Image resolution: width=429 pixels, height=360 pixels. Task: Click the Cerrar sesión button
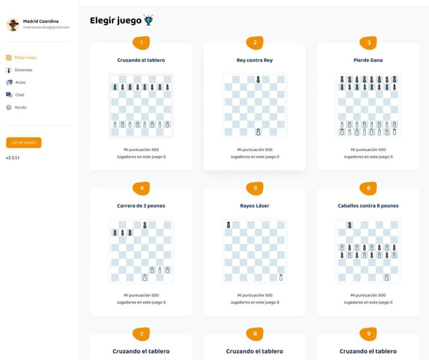click(x=24, y=142)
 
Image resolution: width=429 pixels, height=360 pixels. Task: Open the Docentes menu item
click(x=23, y=70)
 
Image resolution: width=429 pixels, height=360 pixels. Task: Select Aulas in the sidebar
click(x=20, y=82)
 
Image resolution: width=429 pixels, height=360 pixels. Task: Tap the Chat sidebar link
click(x=20, y=95)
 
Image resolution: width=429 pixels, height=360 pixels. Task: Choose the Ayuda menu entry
click(x=20, y=107)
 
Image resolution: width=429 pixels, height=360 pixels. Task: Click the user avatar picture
click(x=13, y=24)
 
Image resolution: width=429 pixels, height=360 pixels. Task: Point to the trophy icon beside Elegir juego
click(x=148, y=20)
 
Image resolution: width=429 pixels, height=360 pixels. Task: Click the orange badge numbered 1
click(x=141, y=43)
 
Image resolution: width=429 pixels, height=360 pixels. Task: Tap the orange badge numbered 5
click(x=255, y=188)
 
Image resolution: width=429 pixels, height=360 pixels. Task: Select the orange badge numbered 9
click(x=369, y=334)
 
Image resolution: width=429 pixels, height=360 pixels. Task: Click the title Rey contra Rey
click(x=255, y=60)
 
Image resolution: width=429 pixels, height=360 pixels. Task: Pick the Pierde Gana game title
click(x=368, y=60)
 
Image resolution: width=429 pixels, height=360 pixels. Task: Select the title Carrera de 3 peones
click(x=141, y=206)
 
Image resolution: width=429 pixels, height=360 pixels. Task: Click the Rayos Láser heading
click(x=255, y=206)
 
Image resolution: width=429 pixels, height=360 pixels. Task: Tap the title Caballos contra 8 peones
click(x=368, y=206)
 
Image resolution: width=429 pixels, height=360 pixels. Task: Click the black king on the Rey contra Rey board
click(x=258, y=79)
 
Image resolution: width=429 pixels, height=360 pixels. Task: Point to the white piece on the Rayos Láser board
click(x=281, y=277)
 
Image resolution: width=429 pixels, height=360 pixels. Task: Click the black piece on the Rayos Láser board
click(x=228, y=225)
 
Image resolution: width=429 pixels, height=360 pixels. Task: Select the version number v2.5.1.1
click(x=13, y=157)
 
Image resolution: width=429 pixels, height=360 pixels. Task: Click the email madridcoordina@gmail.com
click(x=46, y=27)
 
